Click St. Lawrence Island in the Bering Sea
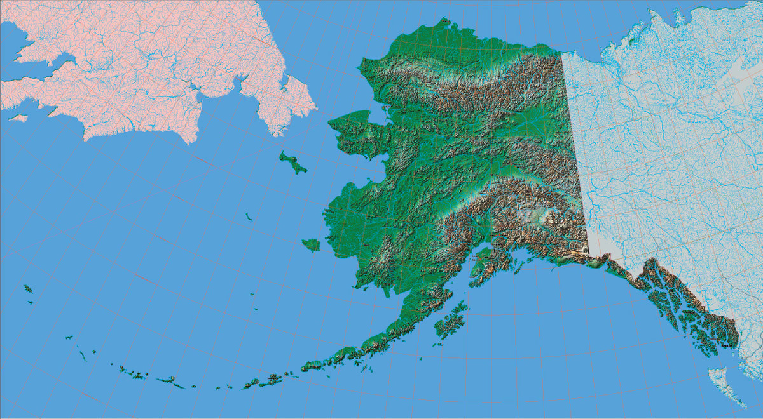point(292,163)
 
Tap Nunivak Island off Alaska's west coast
point(311,244)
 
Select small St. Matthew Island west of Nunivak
point(249,217)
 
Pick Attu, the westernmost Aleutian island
point(27,289)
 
